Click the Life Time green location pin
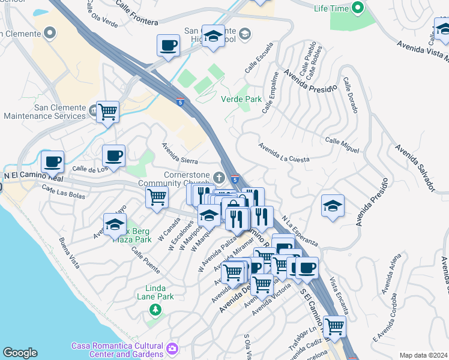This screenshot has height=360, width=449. coord(358,8)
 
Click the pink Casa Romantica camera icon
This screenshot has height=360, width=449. coord(173,348)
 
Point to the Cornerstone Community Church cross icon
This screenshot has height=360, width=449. coord(219,177)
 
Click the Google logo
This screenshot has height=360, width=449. coord(20,353)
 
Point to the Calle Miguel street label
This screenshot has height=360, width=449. coord(342,144)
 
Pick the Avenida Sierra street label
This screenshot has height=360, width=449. coord(180,153)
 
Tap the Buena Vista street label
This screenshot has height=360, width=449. coord(70,253)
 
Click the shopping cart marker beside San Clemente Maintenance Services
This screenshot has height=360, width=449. coord(108,111)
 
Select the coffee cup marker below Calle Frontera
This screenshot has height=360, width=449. coord(168,45)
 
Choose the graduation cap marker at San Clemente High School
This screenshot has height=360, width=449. coord(212,36)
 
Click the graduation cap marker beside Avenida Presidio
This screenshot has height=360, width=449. coord(333,206)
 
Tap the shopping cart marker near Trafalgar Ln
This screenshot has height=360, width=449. coord(334,326)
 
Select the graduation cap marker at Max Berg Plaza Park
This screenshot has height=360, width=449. coord(115,225)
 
